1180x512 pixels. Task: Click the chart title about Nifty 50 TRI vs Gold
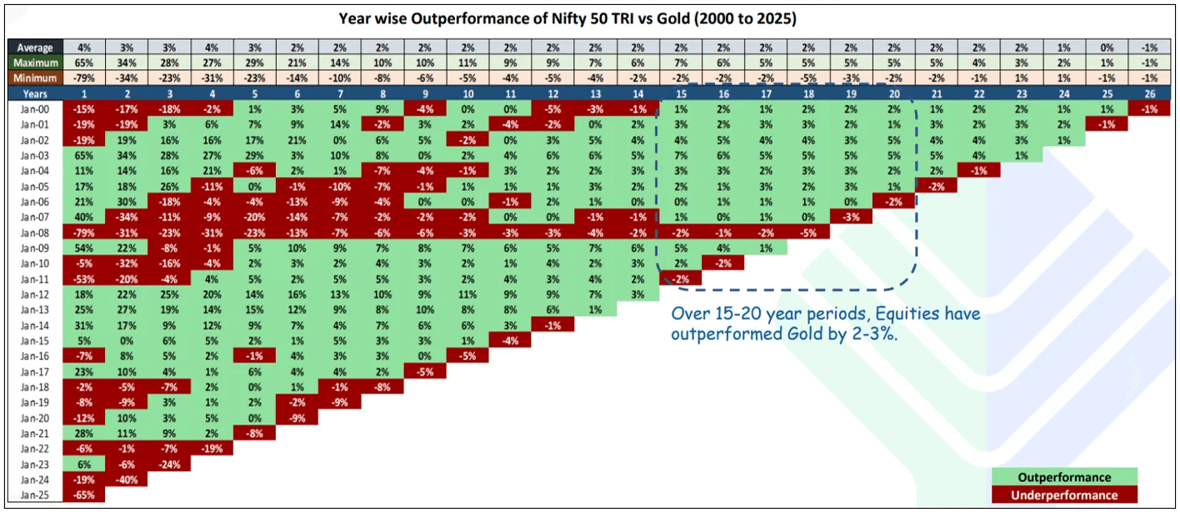click(x=591, y=18)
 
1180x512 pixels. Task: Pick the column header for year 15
click(x=680, y=93)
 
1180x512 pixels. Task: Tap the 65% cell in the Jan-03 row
click(x=82, y=155)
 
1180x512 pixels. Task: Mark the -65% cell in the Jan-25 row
click(x=82, y=494)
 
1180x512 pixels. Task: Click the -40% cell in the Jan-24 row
click(x=126, y=479)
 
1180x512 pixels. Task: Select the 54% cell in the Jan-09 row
click(x=82, y=248)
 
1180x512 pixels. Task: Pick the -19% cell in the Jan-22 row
click(x=212, y=448)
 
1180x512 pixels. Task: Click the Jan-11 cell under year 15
click(x=680, y=279)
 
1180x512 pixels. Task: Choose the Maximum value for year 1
click(x=82, y=63)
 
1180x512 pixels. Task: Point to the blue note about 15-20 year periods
click(x=825, y=324)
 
